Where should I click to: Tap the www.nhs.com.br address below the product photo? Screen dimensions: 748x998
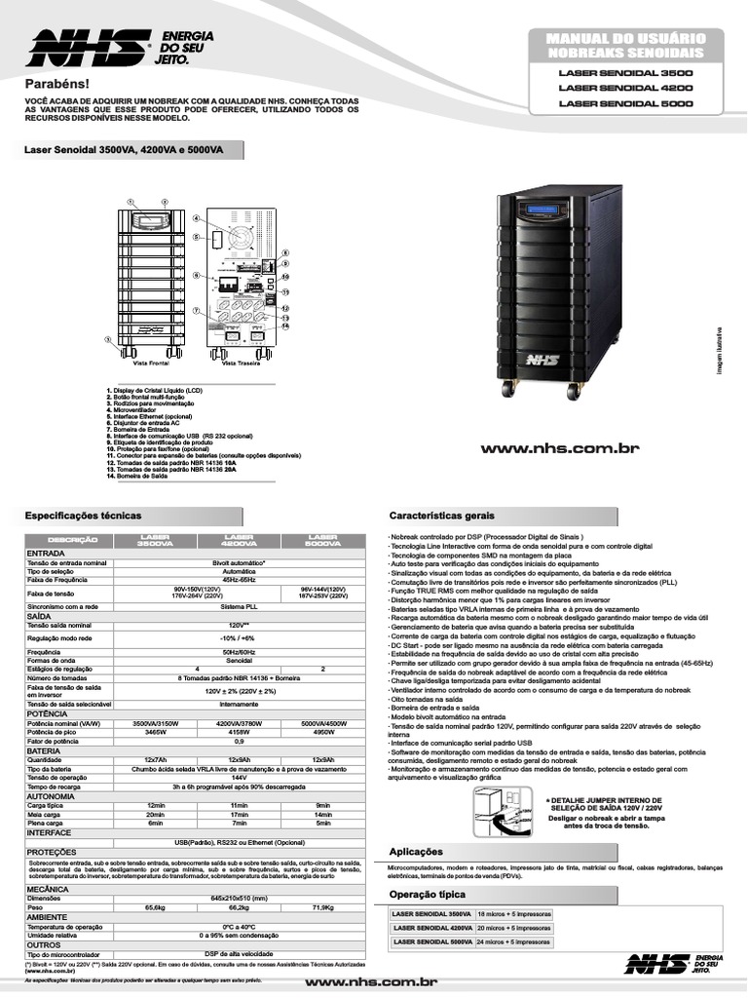[x=559, y=447]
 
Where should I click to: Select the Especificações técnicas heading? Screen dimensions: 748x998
[x=83, y=515]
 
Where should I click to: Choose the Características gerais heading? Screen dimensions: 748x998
[x=442, y=515]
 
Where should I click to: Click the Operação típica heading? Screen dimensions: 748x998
[x=433, y=894]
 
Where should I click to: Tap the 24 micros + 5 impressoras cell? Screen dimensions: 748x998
[x=513, y=941]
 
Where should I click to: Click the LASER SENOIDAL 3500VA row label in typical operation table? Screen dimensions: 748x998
[x=431, y=914]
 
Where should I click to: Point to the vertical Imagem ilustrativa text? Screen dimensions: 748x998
[x=725, y=351]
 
